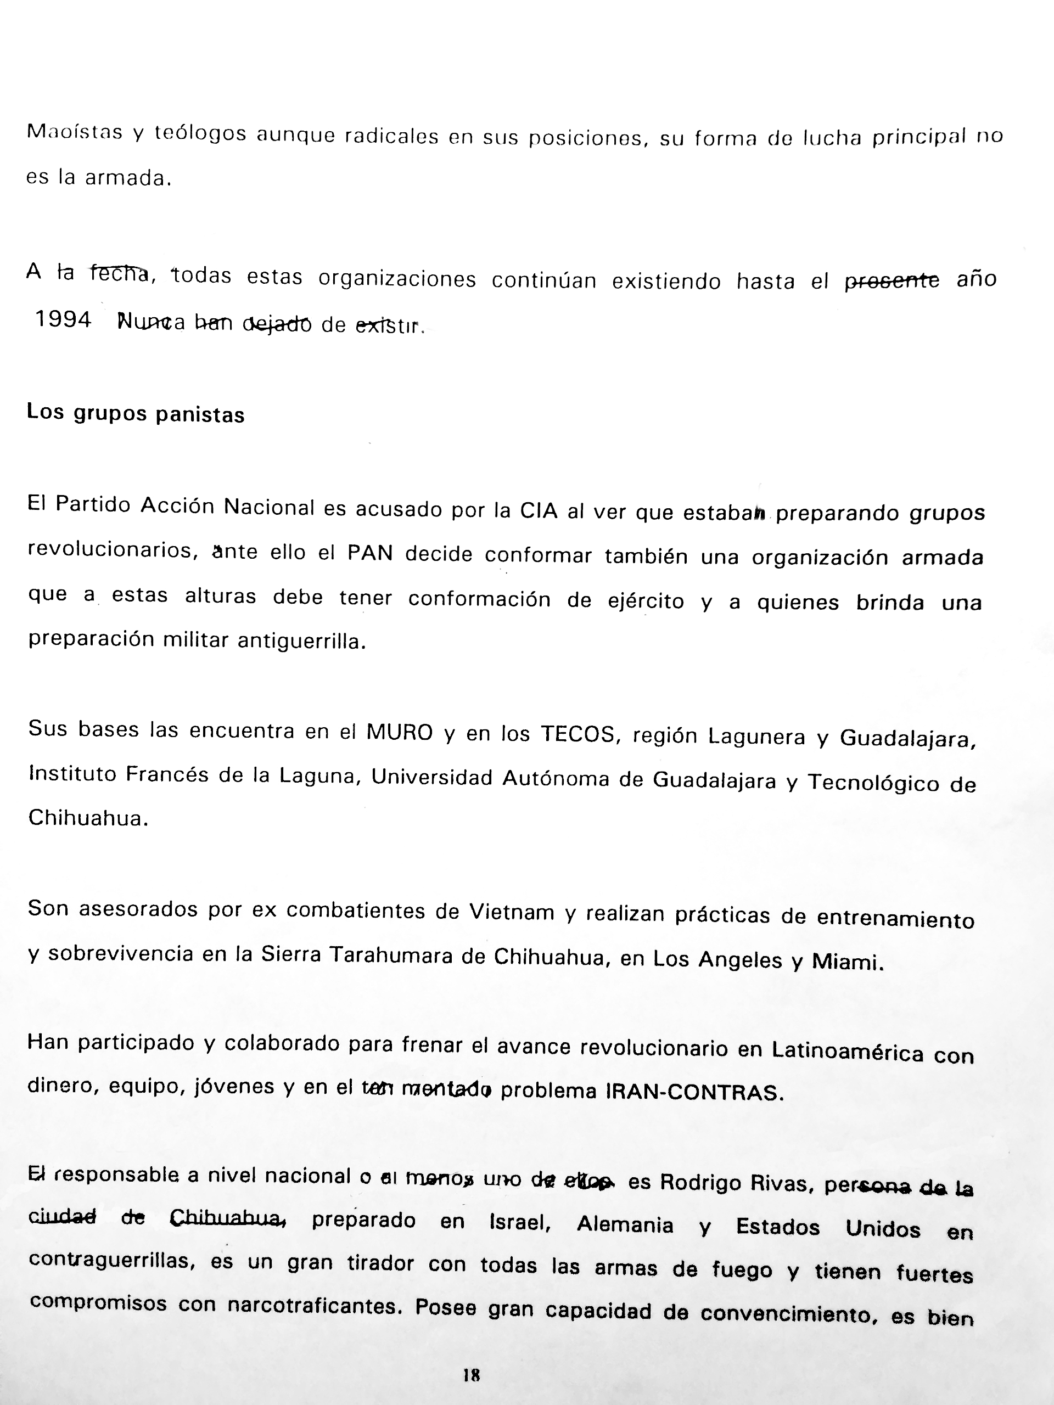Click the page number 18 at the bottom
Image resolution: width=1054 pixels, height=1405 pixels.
(x=472, y=1375)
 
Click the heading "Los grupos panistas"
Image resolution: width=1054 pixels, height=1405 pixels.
(x=136, y=413)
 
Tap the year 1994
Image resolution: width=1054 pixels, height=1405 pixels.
(x=63, y=320)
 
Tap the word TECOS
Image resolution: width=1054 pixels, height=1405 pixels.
(x=577, y=734)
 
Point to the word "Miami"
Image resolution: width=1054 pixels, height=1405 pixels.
(x=847, y=962)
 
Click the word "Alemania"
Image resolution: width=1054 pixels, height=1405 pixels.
(x=625, y=1224)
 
